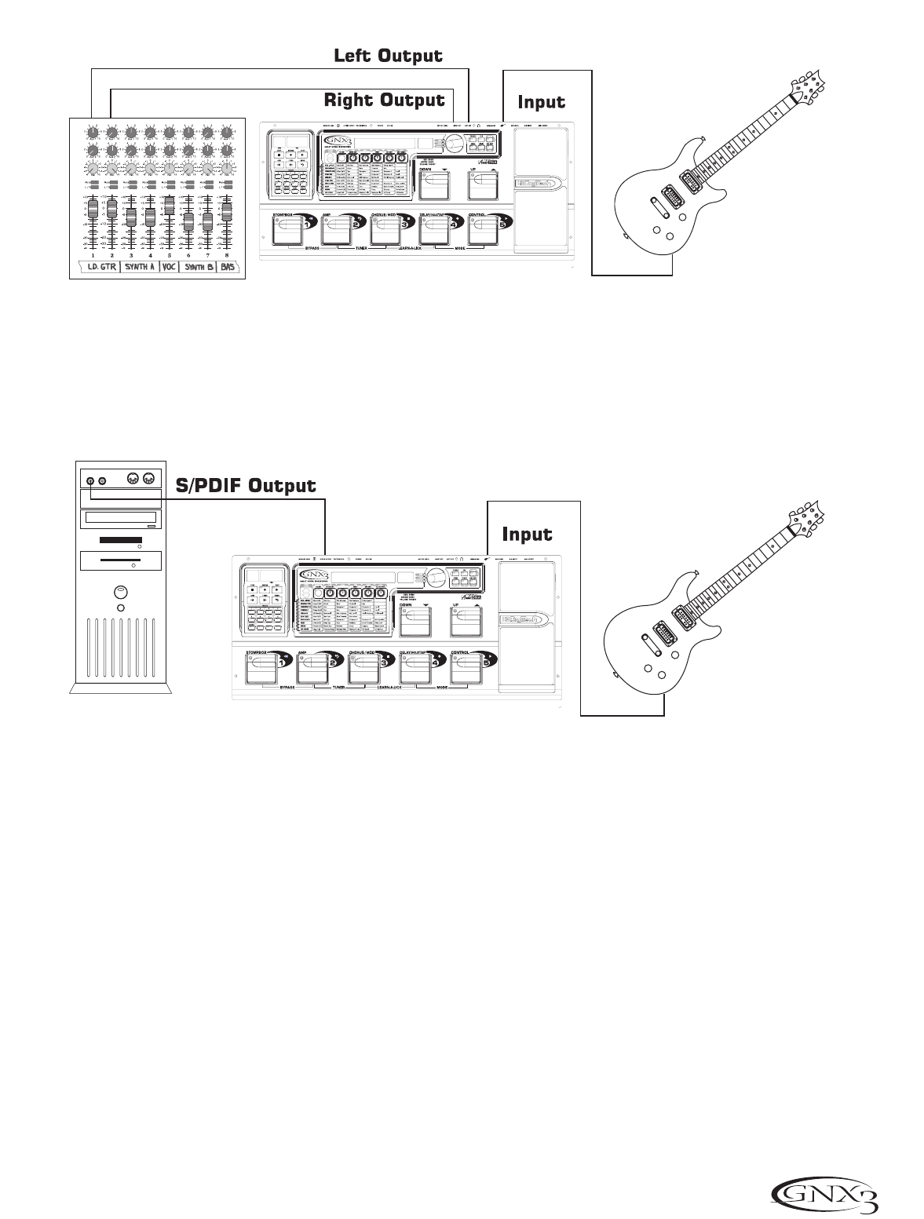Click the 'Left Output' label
tap(388, 56)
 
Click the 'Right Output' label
tap(384, 100)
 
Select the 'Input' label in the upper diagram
tap(541, 102)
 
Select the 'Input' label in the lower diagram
tap(527, 535)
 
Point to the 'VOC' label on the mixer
tap(170, 267)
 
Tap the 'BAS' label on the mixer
tap(228, 267)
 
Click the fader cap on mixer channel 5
tap(170, 203)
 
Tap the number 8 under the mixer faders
tap(227, 255)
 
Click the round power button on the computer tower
tap(119, 591)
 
